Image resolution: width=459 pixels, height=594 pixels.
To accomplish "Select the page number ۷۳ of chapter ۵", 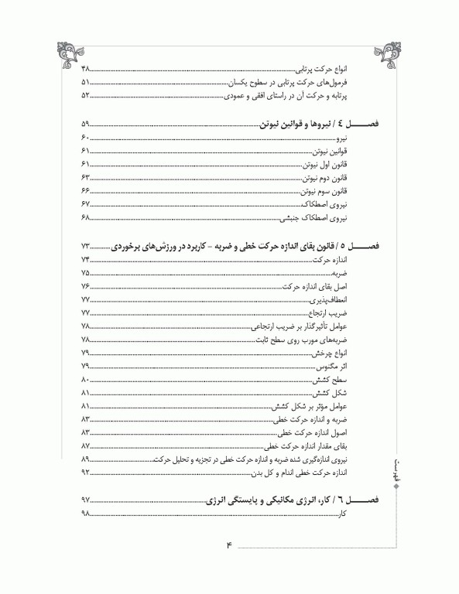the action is click(86, 246).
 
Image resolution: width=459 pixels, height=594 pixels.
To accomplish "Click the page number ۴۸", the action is click(86, 68).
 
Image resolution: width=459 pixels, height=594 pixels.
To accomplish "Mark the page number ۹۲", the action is click(86, 473).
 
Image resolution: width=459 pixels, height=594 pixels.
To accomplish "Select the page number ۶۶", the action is click(86, 191).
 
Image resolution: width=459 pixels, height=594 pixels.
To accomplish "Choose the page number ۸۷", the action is click(86, 446).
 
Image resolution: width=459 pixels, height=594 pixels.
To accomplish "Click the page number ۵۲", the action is click(86, 96).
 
